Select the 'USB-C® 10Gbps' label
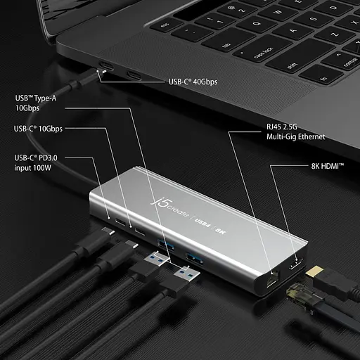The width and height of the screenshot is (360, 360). coord(38,129)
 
